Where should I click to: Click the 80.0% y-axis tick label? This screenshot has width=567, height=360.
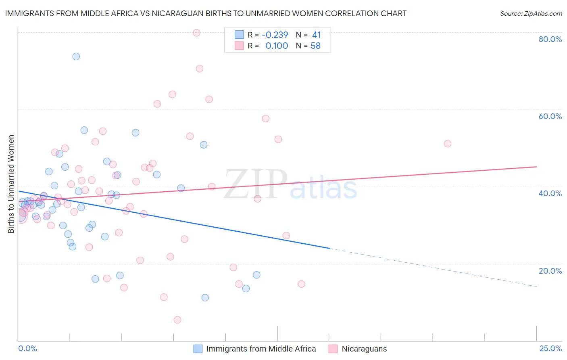(x=550, y=39)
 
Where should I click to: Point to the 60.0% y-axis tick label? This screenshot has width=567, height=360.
(x=550, y=116)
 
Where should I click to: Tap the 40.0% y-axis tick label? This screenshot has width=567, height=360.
(x=550, y=193)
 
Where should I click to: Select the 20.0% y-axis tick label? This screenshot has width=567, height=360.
(x=550, y=271)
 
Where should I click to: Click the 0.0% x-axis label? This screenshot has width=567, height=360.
(x=27, y=348)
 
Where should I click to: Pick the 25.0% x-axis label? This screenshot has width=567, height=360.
(x=550, y=348)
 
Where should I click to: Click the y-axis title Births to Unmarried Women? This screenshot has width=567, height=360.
(x=11, y=184)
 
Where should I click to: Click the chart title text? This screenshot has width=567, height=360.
(x=206, y=13)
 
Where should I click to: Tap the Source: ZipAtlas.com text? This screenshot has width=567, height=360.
(x=531, y=13)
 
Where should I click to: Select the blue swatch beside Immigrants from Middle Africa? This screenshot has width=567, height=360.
(x=198, y=349)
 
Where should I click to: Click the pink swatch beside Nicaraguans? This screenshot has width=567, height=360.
(x=333, y=349)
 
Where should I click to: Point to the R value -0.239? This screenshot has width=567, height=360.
(x=275, y=35)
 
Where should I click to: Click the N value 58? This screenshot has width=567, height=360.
(x=315, y=46)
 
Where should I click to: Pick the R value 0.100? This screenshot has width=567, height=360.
(x=277, y=46)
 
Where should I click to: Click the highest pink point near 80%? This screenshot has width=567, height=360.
(x=196, y=33)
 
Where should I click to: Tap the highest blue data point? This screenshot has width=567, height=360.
(x=76, y=57)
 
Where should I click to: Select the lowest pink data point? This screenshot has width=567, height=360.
(x=177, y=320)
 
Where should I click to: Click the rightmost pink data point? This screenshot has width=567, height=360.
(x=447, y=144)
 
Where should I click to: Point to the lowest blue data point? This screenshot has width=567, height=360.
(x=205, y=297)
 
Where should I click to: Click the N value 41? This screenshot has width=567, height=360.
(x=316, y=35)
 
